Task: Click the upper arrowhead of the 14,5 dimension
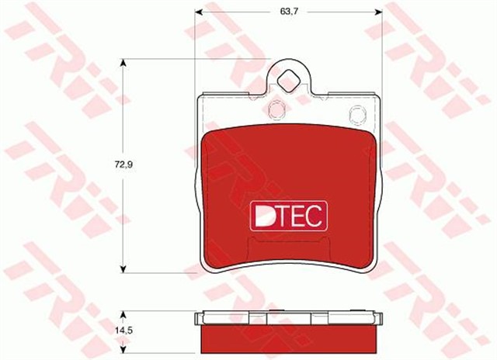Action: [x=123, y=313]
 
